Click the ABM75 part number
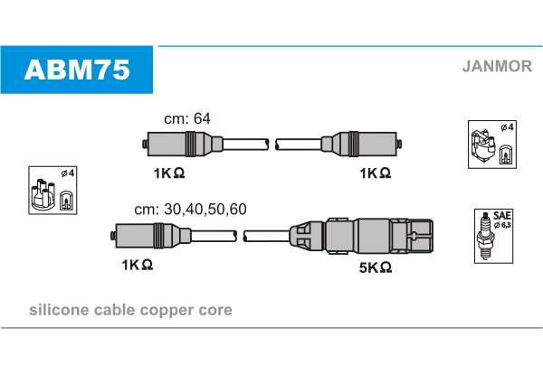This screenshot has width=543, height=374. pos(77,70)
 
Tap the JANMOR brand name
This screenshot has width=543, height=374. pos(497,66)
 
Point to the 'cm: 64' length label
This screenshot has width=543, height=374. pos(187,118)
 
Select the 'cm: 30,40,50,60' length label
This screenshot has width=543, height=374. pos(190,209)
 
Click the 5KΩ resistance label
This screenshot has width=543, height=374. pos(376,267)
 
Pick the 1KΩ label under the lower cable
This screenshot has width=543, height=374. pos(138,265)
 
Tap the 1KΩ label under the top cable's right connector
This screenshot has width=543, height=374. pos(376,173)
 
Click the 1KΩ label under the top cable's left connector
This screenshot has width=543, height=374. pos(169,173)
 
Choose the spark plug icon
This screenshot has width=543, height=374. pos(485,236)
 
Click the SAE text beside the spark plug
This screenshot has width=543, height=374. pos(502,215)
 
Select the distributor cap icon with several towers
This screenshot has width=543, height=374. pos(43,194)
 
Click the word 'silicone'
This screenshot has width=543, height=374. pos(59,310)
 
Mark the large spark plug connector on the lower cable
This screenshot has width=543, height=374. pos(361,236)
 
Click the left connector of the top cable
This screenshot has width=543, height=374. pos(183,145)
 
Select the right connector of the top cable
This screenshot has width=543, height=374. pos(361,145)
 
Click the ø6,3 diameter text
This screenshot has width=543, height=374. pos(502,225)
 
